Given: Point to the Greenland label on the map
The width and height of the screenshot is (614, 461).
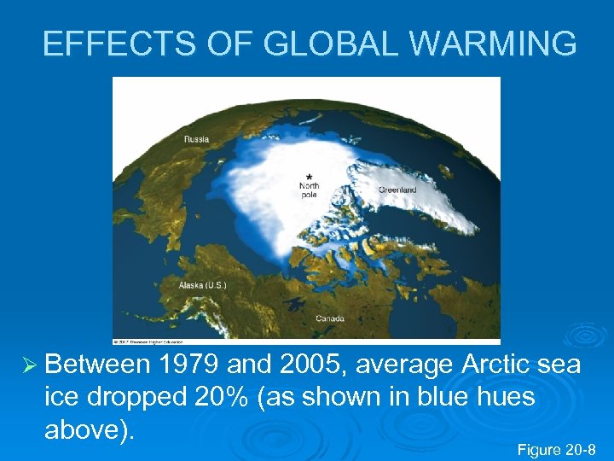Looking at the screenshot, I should click(397, 189).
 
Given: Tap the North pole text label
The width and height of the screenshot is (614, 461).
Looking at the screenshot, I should click(309, 190).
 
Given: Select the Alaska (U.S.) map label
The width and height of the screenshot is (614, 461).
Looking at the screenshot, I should click(203, 284).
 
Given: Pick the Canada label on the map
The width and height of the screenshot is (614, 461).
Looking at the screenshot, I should click(330, 318).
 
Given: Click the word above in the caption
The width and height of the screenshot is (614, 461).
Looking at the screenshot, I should click(84, 429).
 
